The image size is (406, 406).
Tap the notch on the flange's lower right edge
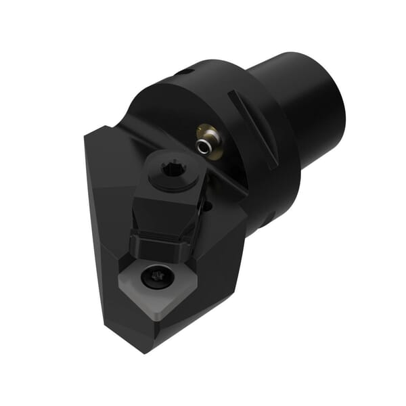pyautogui.click(x=267, y=220)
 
